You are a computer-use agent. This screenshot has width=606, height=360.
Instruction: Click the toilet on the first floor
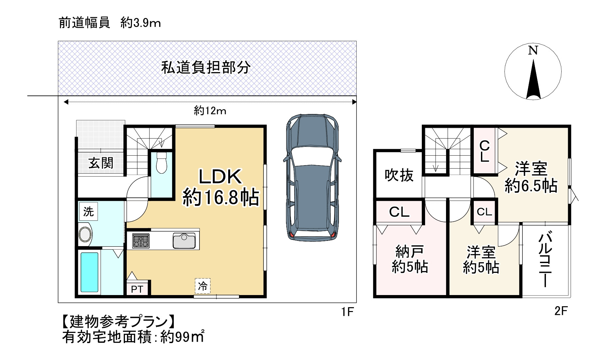pyautogui.click(x=161, y=163)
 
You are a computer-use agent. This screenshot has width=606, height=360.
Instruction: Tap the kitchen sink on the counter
pyautogui.click(x=184, y=241)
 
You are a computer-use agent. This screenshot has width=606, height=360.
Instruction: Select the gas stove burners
pyautogui.click(x=141, y=241)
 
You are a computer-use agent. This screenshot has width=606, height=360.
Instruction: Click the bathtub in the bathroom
pyautogui.click(x=89, y=272)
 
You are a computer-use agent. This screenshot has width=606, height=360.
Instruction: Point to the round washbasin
pyautogui.click(x=86, y=234)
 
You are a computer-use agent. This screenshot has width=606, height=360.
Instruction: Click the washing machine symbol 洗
pyautogui.click(x=88, y=211)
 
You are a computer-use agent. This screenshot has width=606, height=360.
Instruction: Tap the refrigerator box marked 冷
pyautogui.click(x=203, y=286)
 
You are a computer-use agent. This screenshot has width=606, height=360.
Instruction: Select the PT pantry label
pyautogui.click(x=137, y=289)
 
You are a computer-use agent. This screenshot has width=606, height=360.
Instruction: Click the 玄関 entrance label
pyautogui.click(x=101, y=163)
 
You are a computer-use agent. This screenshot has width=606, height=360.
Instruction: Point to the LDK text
pyautogui.click(x=220, y=177)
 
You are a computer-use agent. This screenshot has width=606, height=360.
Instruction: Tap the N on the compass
pyautogui.click(x=533, y=51)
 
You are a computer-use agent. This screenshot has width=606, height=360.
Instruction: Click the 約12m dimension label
pyautogui.click(x=210, y=111)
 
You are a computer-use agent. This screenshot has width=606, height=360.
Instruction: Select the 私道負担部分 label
pyautogui.click(x=206, y=68)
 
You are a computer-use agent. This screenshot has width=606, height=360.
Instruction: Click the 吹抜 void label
pyautogui.click(x=399, y=175)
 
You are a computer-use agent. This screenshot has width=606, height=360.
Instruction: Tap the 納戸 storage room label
pyautogui.click(x=410, y=252)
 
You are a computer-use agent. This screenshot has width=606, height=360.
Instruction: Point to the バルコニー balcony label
pyautogui.click(x=546, y=259)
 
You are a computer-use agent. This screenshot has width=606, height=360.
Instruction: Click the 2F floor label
pyautogui.click(x=561, y=311)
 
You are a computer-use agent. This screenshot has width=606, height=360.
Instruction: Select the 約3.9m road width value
pyautogui.click(x=140, y=23)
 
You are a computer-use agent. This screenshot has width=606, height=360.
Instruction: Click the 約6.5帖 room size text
pyautogui.click(x=531, y=186)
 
